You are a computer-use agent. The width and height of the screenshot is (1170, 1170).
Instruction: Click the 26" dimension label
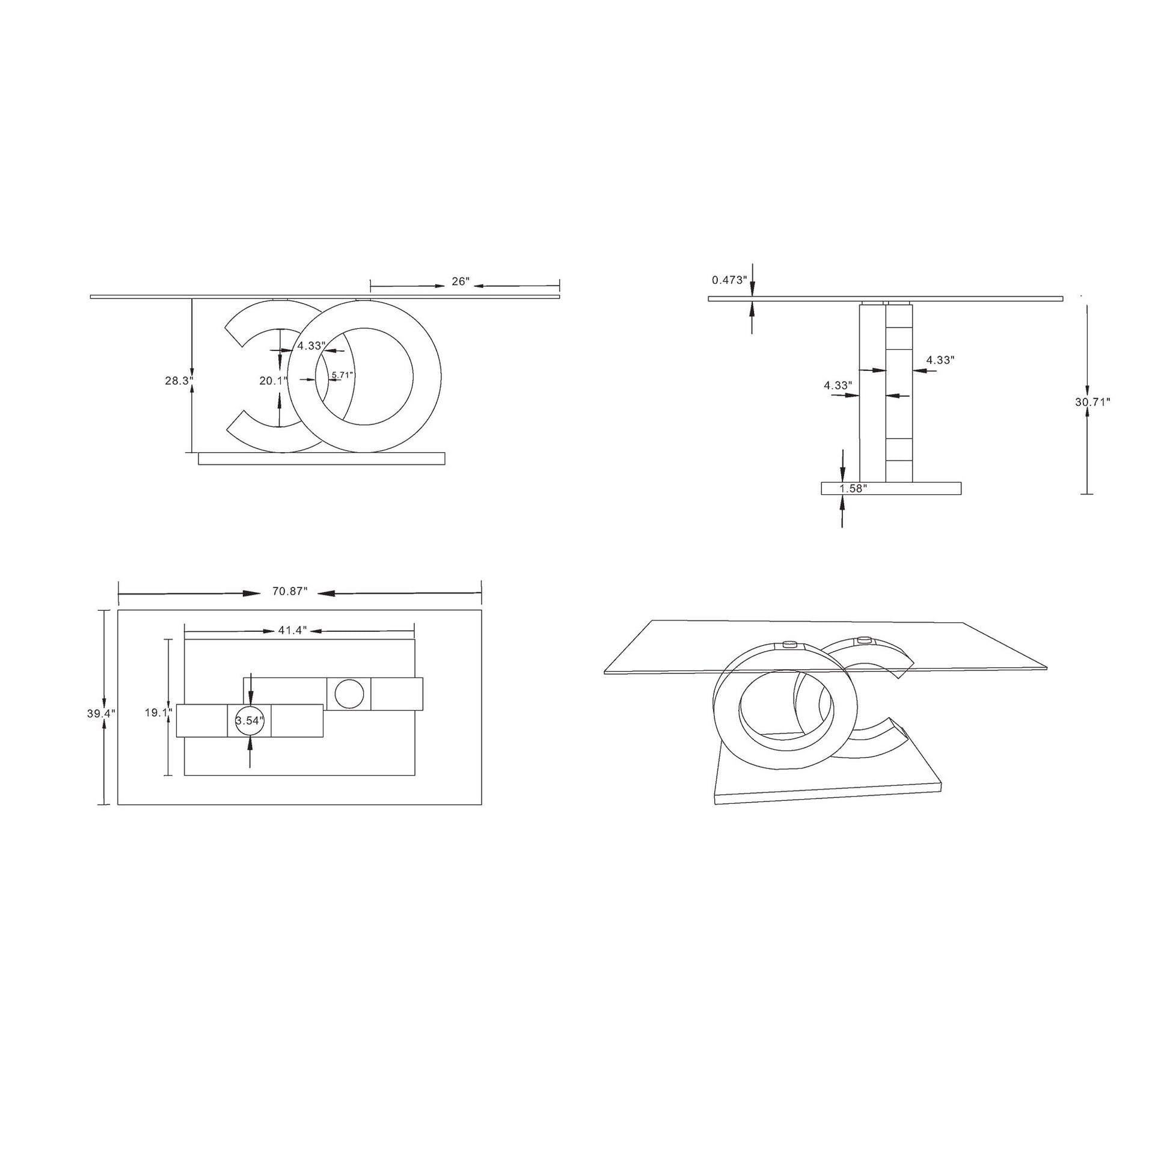[x=461, y=281]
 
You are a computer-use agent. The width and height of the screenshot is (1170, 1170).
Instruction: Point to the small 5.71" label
[x=342, y=375]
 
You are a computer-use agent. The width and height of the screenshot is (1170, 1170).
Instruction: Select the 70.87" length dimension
[x=290, y=592]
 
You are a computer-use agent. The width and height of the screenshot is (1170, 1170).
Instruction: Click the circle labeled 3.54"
[x=250, y=721]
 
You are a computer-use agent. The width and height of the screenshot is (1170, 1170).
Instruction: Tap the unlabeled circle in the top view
[x=349, y=693]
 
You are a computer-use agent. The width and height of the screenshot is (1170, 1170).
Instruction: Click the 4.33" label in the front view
[x=311, y=346]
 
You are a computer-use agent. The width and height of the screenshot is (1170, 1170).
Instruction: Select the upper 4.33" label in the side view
[x=940, y=359]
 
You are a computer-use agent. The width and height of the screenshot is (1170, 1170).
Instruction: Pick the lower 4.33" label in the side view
[x=838, y=385]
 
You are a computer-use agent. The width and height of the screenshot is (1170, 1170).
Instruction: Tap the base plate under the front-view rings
[x=321, y=459]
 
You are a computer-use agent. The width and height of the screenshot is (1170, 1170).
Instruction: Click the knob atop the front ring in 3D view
[x=788, y=646]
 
